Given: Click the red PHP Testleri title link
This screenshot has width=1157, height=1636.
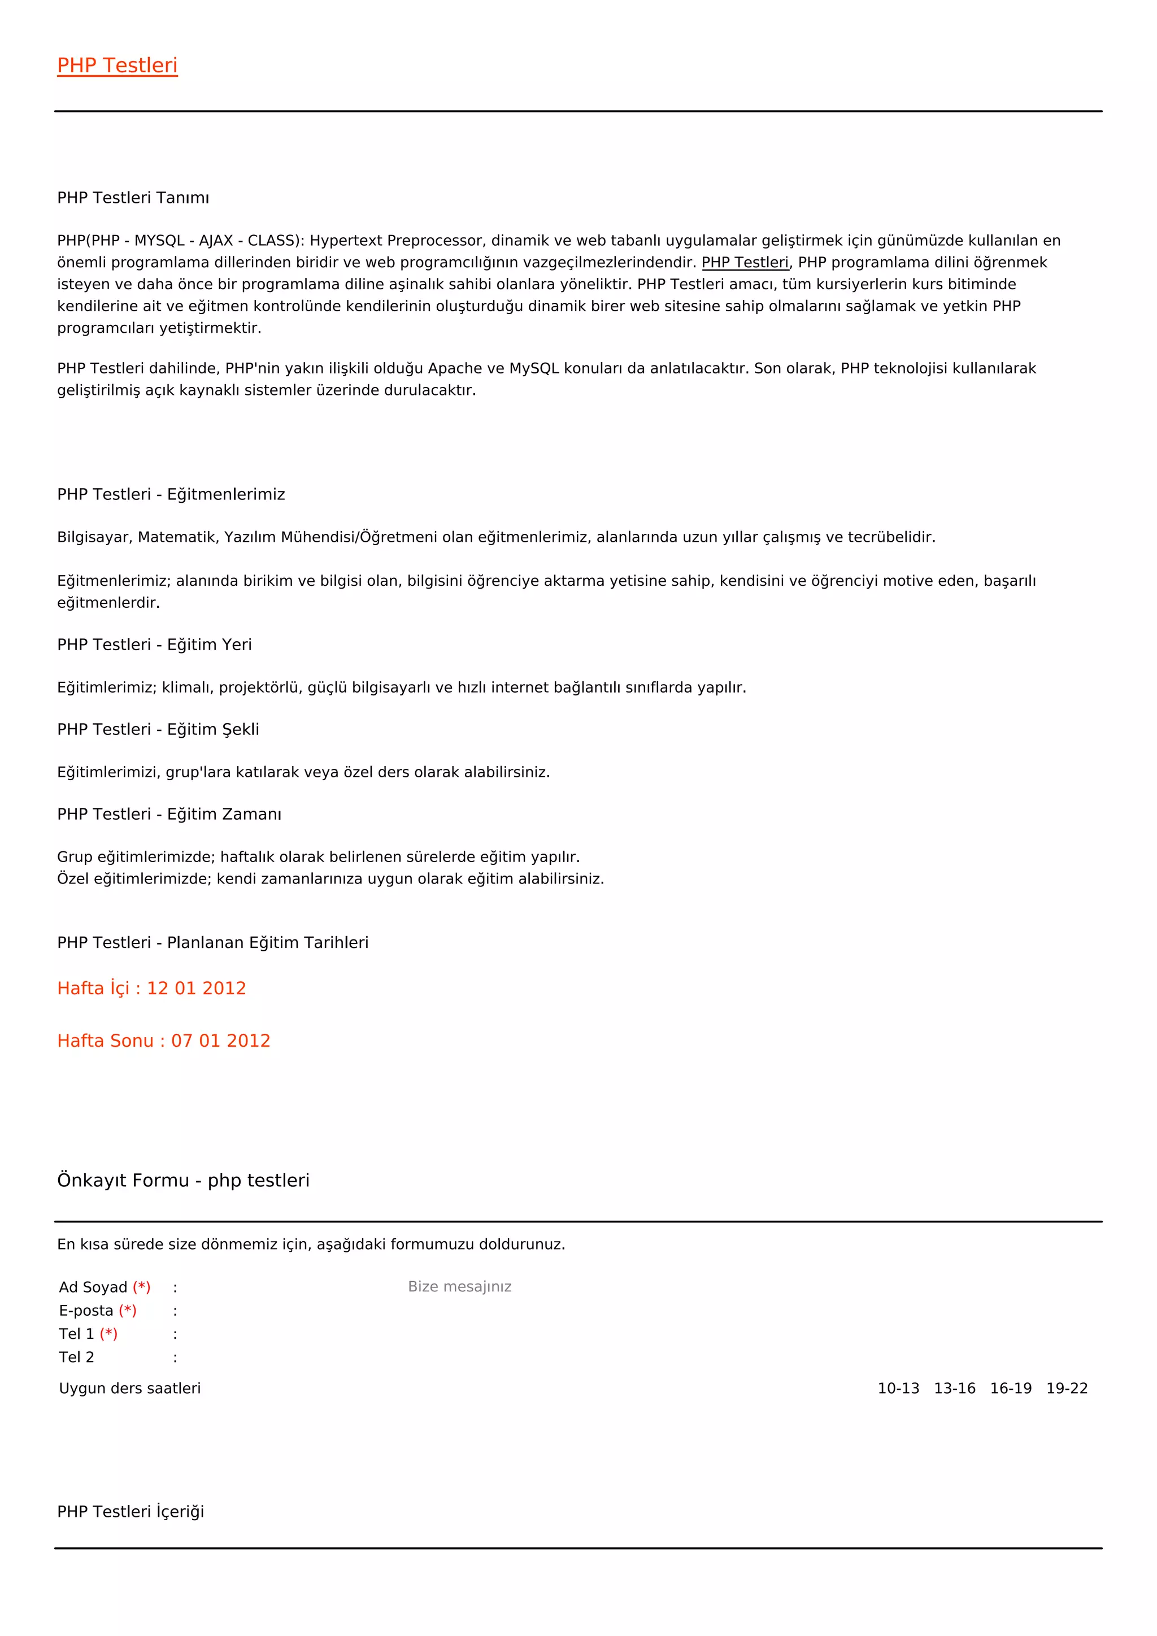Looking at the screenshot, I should [x=118, y=66].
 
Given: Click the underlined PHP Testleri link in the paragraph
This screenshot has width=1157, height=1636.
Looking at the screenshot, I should [x=745, y=262].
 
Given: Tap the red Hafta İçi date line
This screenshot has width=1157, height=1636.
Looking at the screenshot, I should [x=152, y=988].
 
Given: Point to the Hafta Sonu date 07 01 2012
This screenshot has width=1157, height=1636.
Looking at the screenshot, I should [x=221, y=1041].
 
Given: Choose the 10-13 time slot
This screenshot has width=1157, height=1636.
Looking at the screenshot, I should [x=898, y=1388].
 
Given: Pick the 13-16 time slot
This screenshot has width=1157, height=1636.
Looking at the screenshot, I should [x=955, y=1388].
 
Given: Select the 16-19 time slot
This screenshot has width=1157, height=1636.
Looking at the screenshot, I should [x=1011, y=1388].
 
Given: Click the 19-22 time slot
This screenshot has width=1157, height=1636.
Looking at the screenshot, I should [x=1067, y=1388].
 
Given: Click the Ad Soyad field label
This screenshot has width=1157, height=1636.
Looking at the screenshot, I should [x=93, y=1287].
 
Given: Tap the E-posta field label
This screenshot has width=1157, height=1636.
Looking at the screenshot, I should [x=86, y=1311].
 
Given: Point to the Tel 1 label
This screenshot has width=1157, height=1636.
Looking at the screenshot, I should [x=76, y=1334].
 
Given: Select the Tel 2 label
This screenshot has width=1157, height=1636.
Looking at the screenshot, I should [x=76, y=1357].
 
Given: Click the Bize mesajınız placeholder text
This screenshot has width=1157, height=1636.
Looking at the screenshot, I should [x=459, y=1287].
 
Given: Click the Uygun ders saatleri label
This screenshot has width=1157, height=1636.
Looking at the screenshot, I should [x=130, y=1388].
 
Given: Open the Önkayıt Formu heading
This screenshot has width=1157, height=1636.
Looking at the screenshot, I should [x=183, y=1181].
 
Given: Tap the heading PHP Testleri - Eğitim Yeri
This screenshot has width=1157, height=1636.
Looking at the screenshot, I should [x=155, y=645].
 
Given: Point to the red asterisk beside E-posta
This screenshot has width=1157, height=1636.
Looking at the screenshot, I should [x=128, y=1311].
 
